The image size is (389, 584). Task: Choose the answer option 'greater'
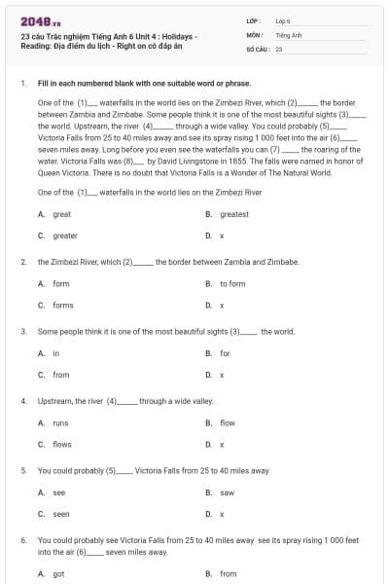(x=64, y=236)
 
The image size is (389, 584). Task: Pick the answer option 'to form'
(x=232, y=283)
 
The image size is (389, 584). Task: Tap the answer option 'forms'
(x=62, y=305)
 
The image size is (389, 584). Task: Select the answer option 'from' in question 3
(x=60, y=374)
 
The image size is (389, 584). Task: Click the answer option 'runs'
(x=60, y=422)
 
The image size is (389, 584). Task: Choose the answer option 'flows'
(x=61, y=444)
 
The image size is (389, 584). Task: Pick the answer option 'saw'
(x=227, y=493)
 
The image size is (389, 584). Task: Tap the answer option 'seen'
(x=60, y=514)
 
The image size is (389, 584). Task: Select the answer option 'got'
(x=58, y=574)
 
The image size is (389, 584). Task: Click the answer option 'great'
(x=61, y=214)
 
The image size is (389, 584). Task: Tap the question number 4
(x=22, y=401)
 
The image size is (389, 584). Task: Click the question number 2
(x=22, y=262)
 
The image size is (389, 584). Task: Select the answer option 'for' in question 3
(x=225, y=352)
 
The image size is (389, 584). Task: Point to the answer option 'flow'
(x=227, y=422)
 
